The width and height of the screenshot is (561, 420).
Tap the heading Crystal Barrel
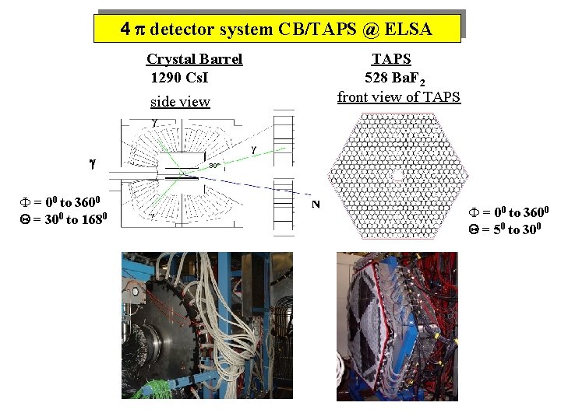pyautogui.click(x=194, y=59)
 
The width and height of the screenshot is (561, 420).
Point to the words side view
pyautogui.click(x=180, y=102)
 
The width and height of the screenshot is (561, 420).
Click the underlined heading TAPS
pyautogui.click(x=391, y=59)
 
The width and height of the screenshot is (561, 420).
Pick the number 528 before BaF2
pyautogui.click(x=378, y=78)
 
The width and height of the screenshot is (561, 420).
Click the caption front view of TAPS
pyautogui.click(x=399, y=97)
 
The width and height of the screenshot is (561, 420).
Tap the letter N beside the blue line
pyautogui.click(x=316, y=204)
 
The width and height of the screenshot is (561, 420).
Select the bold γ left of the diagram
pyautogui.click(x=92, y=164)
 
